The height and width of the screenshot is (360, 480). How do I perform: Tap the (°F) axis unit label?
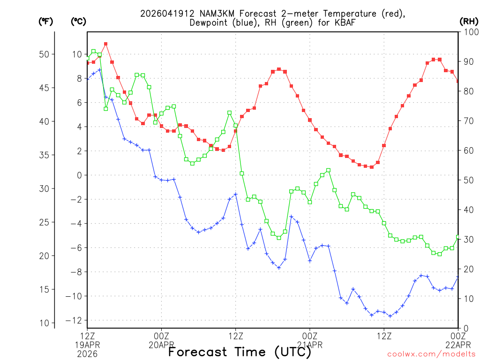(x=45, y=22)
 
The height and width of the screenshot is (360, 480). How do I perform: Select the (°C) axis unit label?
(x=78, y=22)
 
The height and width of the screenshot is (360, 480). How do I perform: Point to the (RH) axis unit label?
(x=468, y=22)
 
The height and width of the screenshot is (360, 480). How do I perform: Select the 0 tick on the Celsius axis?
(x=79, y=175)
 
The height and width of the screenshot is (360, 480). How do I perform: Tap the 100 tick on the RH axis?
(x=469, y=32)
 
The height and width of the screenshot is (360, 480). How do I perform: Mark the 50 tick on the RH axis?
(x=467, y=180)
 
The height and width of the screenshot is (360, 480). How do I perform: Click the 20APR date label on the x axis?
(x=162, y=345)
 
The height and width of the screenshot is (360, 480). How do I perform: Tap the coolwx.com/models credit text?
(x=431, y=354)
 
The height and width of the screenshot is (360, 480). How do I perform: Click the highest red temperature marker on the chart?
(x=106, y=44)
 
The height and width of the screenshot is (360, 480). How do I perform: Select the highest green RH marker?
(x=94, y=51)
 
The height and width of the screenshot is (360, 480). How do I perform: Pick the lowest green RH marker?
(x=439, y=254)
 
